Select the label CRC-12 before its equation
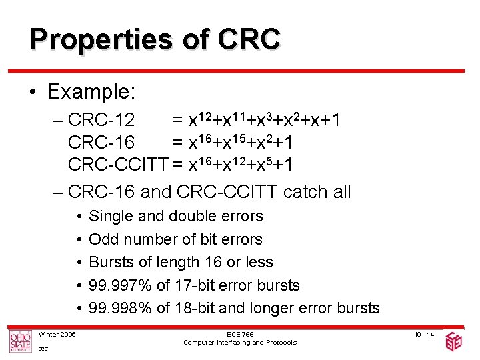[101, 121]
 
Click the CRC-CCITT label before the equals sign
[118, 165]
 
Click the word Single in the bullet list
[109, 216]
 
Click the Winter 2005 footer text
[57, 334]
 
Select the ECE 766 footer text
[240, 334]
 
